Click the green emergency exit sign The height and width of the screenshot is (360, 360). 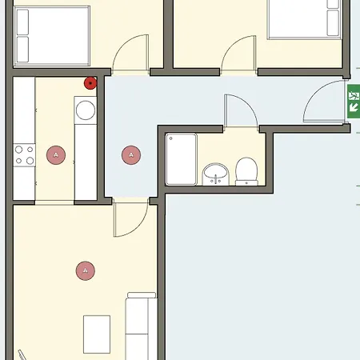(353, 102)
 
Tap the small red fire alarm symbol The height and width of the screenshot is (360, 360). (90, 82)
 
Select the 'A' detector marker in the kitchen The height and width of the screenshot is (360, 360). (55, 154)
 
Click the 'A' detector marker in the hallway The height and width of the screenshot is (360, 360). (130, 154)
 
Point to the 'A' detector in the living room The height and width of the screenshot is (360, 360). (85, 271)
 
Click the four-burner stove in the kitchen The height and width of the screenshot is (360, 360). (24, 154)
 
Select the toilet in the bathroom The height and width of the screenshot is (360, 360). (246, 170)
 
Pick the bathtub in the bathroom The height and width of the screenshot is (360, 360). (181, 159)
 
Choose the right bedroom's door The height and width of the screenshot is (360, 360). (238, 56)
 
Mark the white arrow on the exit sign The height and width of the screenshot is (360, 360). (353, 106)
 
